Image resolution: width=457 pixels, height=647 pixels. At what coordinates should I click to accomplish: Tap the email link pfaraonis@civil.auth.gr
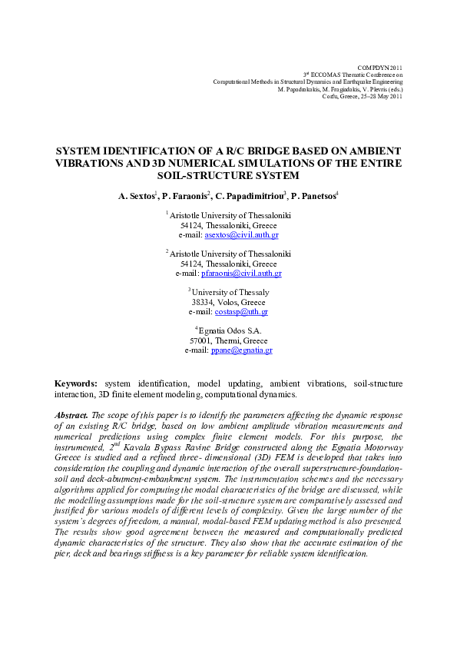click(x=241, y=273)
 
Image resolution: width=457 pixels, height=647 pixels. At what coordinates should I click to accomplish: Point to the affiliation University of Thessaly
click(x=230, y=293)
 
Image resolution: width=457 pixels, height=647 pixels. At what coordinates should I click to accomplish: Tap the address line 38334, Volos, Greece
click(x=229, y=303)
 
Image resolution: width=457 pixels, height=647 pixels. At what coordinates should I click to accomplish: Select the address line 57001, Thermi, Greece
click(x=229, y=340)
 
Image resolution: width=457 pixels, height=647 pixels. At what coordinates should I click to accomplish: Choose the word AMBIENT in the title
click(x=374, y=151)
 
